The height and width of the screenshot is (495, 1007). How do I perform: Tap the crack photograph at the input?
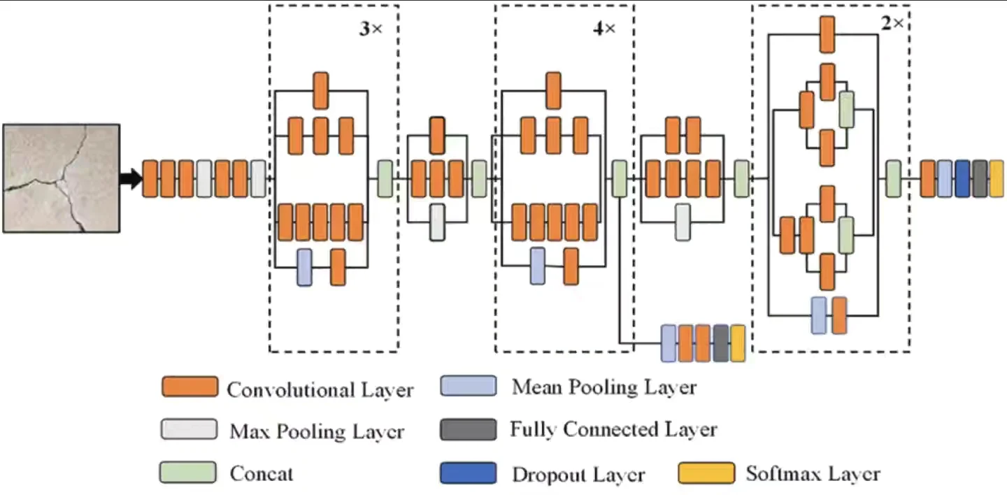coord(62,178)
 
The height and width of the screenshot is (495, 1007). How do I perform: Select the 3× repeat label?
coord(371,29)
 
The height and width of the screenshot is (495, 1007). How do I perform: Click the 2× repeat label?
coord(892,23)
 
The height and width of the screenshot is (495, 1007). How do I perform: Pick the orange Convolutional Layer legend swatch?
coord(190,387)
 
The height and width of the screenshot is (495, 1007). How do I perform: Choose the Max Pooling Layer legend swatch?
coord(189,429)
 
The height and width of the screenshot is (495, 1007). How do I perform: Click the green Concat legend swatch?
coord(187,472)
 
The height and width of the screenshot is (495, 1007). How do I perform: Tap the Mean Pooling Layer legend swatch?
coord(468,386)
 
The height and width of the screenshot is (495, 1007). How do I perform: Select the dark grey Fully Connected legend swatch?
coord(468,429)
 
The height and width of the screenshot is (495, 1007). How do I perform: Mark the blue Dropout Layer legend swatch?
coord(468,473)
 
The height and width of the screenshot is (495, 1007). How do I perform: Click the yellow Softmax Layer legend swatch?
coord(706,473)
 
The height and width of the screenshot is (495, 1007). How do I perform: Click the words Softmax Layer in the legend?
coord(813,473)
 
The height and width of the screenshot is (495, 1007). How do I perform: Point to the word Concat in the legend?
coord(262,473)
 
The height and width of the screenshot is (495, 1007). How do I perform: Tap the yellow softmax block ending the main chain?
coord(997,178)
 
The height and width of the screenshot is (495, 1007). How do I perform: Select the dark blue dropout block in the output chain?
coord(962,178)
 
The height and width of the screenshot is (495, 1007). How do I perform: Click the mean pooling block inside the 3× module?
coord(304,267)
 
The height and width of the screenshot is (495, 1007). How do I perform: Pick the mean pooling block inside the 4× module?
coord(537,266)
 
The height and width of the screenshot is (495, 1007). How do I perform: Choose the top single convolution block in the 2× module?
coord(827,34)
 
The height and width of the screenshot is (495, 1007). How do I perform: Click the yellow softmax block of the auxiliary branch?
coord(738,343)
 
